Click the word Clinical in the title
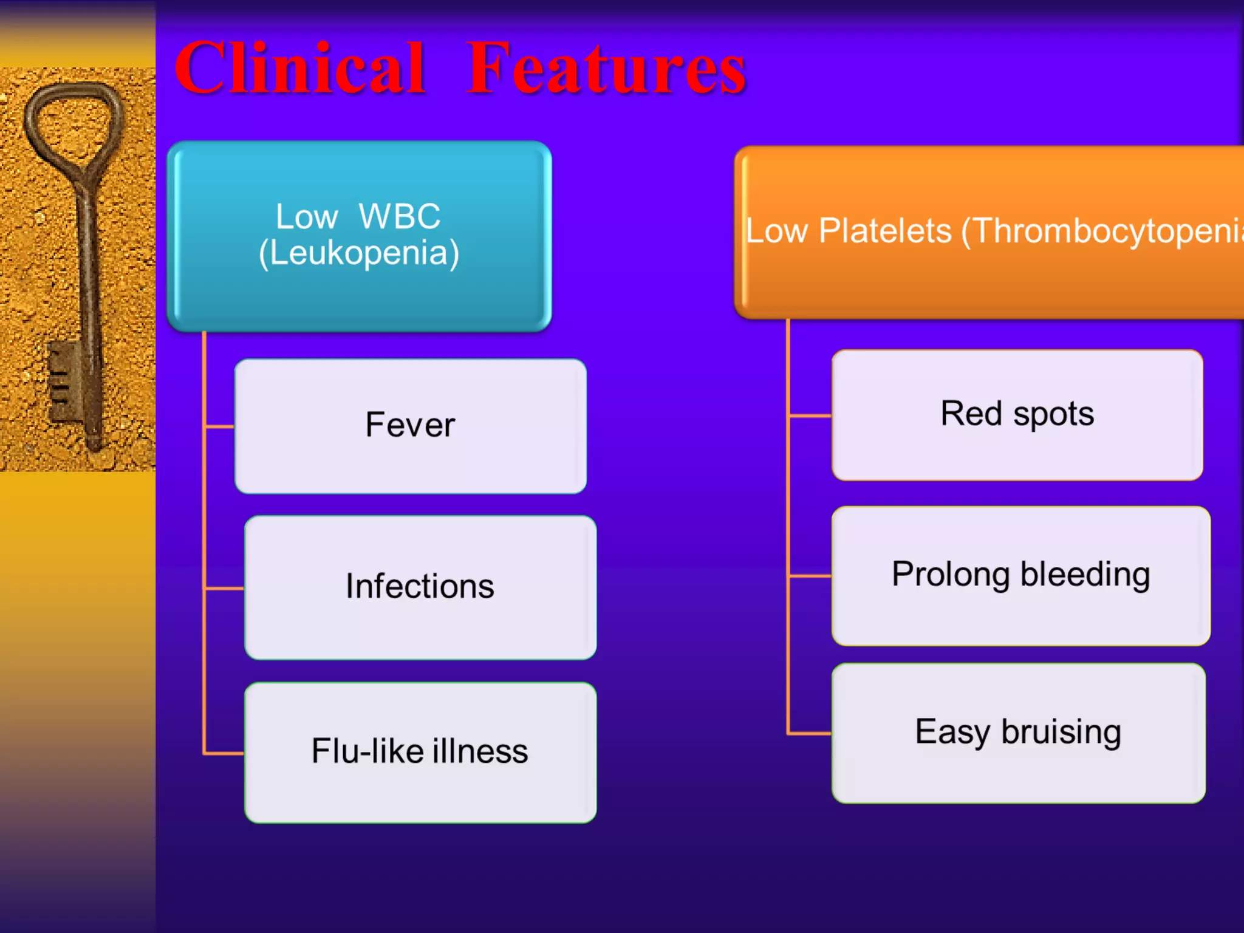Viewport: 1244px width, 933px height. [x=299, y=68]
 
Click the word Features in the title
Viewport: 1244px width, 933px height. [x=606, y=68]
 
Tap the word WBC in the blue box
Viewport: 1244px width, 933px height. [x=399, y=216]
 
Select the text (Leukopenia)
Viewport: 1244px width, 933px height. [x=359, y=253]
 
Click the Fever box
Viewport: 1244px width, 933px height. [x=410, y=425]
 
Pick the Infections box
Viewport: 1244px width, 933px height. [x=420, y=587]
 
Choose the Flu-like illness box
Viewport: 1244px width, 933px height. [x=420, y=752]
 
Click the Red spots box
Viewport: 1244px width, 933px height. [x=1017, y=415]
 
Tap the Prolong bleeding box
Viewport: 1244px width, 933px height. [x=1020, y=575]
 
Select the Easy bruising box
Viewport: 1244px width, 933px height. [x=1018, y=733]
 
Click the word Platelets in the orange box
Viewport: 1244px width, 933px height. [x=884, y=231]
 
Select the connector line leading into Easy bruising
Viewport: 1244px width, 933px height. [x=810, y=734]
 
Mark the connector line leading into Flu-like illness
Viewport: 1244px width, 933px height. [x=224, y=753]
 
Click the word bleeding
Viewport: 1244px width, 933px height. [x=1085, y=575]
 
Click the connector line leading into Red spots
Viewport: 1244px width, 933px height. [x=810, y=416]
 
